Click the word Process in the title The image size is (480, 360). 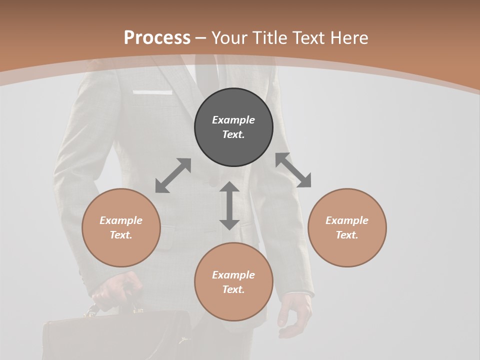157,38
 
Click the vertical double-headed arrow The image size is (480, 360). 229,205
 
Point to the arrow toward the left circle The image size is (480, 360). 173,175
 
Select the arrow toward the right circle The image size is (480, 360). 293,170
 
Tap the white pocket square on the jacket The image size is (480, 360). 152,92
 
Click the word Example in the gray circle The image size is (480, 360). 233,120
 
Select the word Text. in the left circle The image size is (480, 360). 121,235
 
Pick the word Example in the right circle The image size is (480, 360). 347,220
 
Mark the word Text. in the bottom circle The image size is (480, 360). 233,289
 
